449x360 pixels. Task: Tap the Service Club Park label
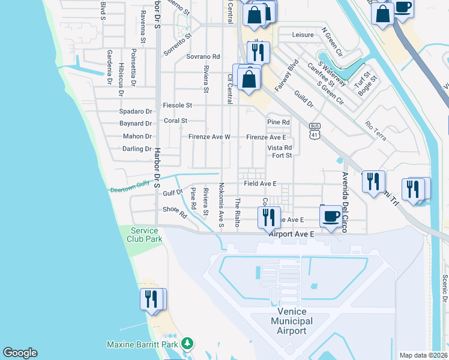point(144,235)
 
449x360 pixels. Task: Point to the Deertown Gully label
point(129,189)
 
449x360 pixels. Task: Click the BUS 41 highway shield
point(315,131)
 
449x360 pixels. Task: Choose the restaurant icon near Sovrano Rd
point(258,53)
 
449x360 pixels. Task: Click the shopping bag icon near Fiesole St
point(249,78)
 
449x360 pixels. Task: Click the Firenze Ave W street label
point(209,137)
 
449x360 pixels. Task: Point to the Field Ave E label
point(260,184)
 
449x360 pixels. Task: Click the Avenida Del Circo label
point(345,202)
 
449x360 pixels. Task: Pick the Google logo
point(20,353)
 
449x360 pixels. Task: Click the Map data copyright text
point(423,355)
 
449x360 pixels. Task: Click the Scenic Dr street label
point(444,288)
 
